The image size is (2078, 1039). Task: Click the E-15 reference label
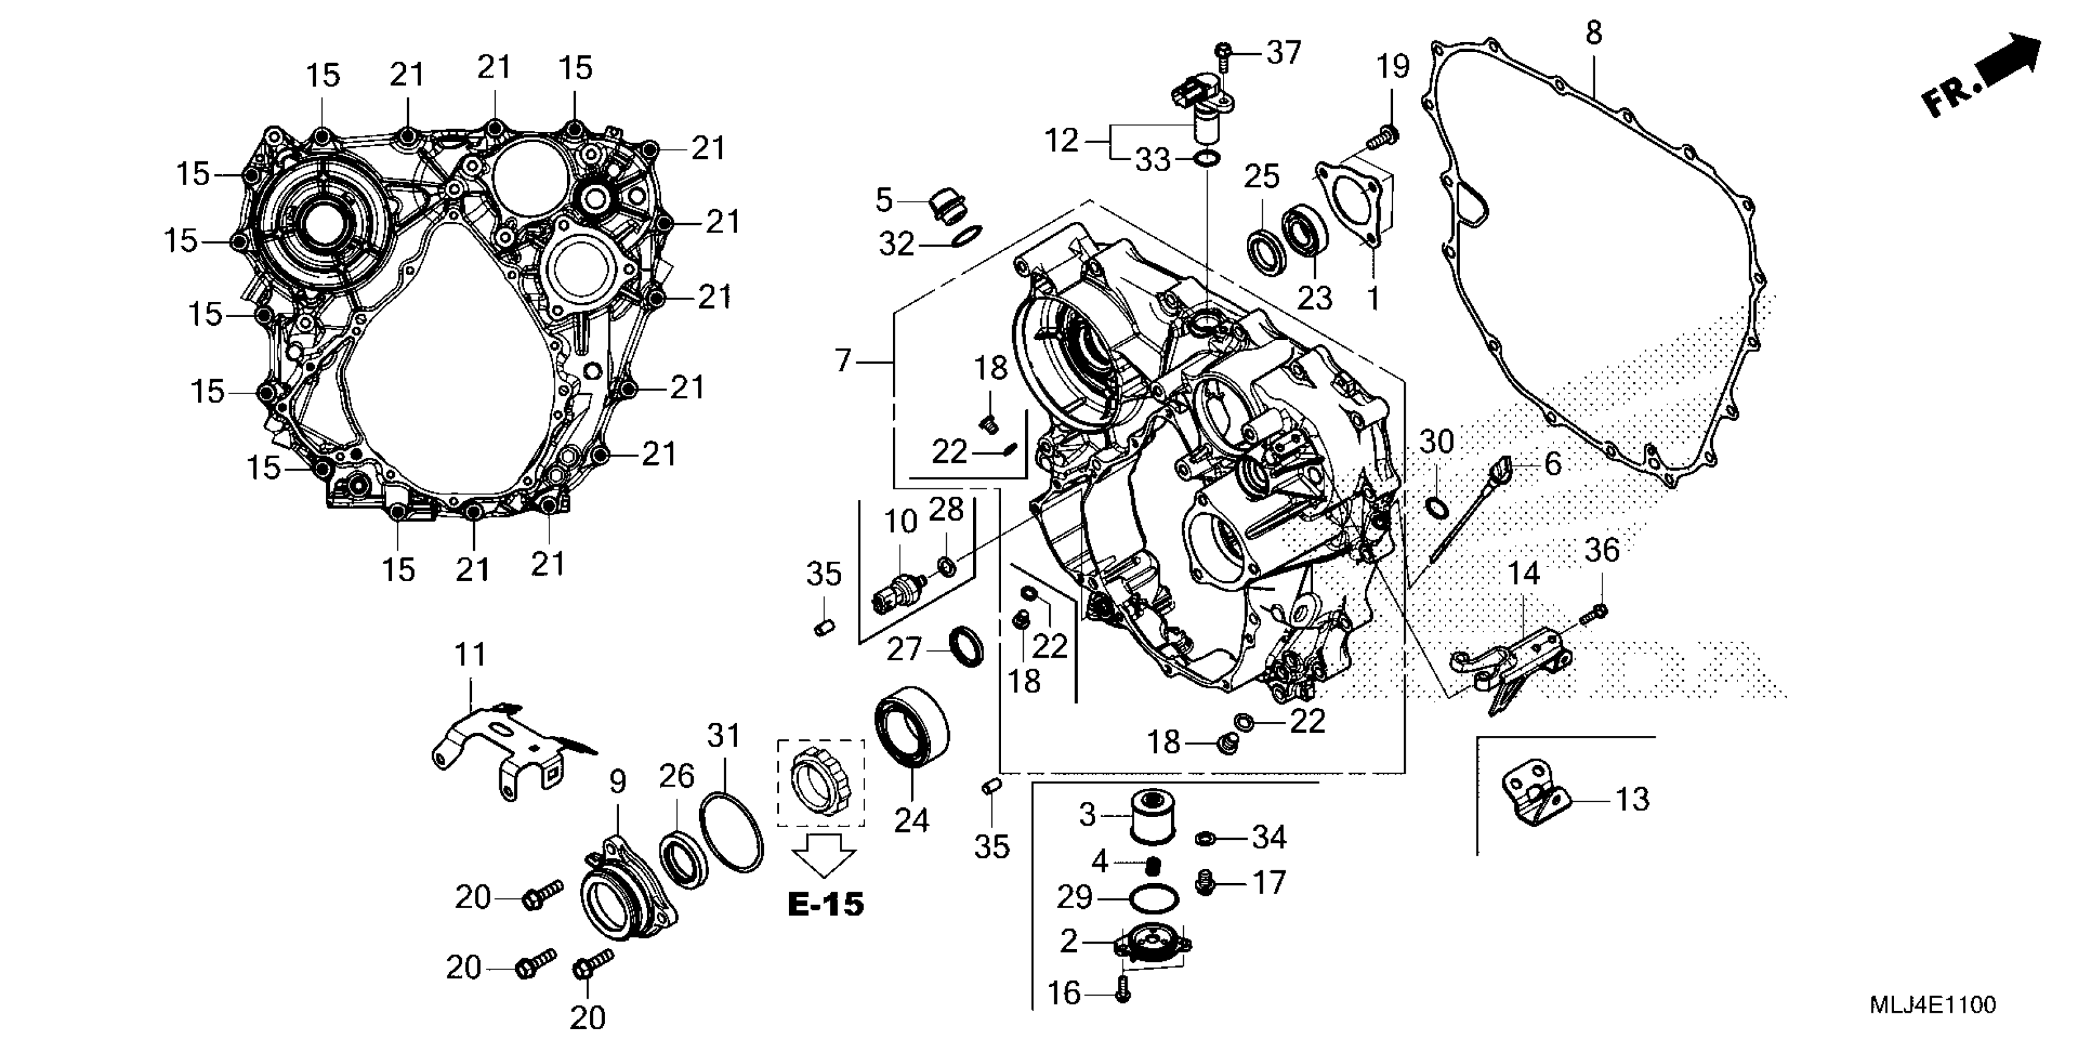coord(825,905)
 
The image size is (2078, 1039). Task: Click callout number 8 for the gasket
coord(1593,33)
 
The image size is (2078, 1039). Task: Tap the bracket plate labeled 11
coord(508,746)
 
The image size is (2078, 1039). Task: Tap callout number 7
coord(843,361)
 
